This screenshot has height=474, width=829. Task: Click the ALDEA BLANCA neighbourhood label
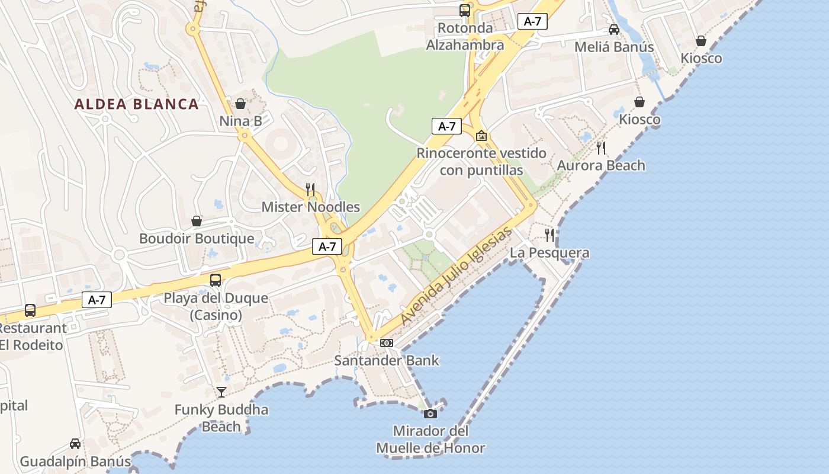(136, 104)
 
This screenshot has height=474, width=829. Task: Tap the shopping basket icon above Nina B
(240, 104)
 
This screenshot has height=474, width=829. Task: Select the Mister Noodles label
(311, 207)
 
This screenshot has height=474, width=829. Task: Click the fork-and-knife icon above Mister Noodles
(310, 189)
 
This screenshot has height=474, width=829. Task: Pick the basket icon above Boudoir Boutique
(197, 221)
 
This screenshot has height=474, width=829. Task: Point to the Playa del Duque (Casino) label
(216, 306)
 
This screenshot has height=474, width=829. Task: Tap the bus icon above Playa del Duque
(216, 280)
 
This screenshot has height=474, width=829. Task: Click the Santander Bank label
(387, 360)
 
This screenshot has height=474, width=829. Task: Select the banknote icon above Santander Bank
(386, 342)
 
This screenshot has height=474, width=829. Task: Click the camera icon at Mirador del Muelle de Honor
(430, 414)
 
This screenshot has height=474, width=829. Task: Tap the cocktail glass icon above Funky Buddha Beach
(221, 392)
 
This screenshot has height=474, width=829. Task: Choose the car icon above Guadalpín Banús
(75, 443)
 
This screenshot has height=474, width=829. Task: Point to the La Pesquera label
(550, 253)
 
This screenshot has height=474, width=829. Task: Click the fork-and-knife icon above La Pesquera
(550, 235)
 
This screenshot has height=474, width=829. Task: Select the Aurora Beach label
(601, 165)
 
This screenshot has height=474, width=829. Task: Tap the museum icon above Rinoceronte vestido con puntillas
(481, 136)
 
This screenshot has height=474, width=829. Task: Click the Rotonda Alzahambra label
(465, 36)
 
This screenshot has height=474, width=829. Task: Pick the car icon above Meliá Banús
(614, 30)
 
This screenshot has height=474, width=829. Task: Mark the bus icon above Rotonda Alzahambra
(465, 10)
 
